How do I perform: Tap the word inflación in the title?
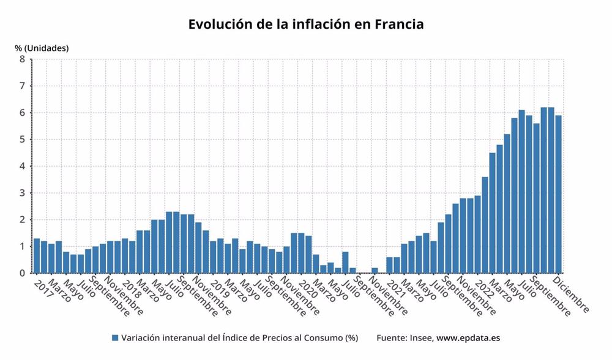(x=316, y=25)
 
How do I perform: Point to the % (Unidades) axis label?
(x=42, y=48)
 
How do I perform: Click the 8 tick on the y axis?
(x=22, y=59)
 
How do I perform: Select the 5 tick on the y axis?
(x=22, y=140)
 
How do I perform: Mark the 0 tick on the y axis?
(x=22, y=273)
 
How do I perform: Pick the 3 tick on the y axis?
(x=22, y=193)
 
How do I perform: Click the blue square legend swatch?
(x=114, y=338)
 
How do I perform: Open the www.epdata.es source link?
(x=469, y=338)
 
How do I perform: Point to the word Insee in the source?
(x=420, y=338)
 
